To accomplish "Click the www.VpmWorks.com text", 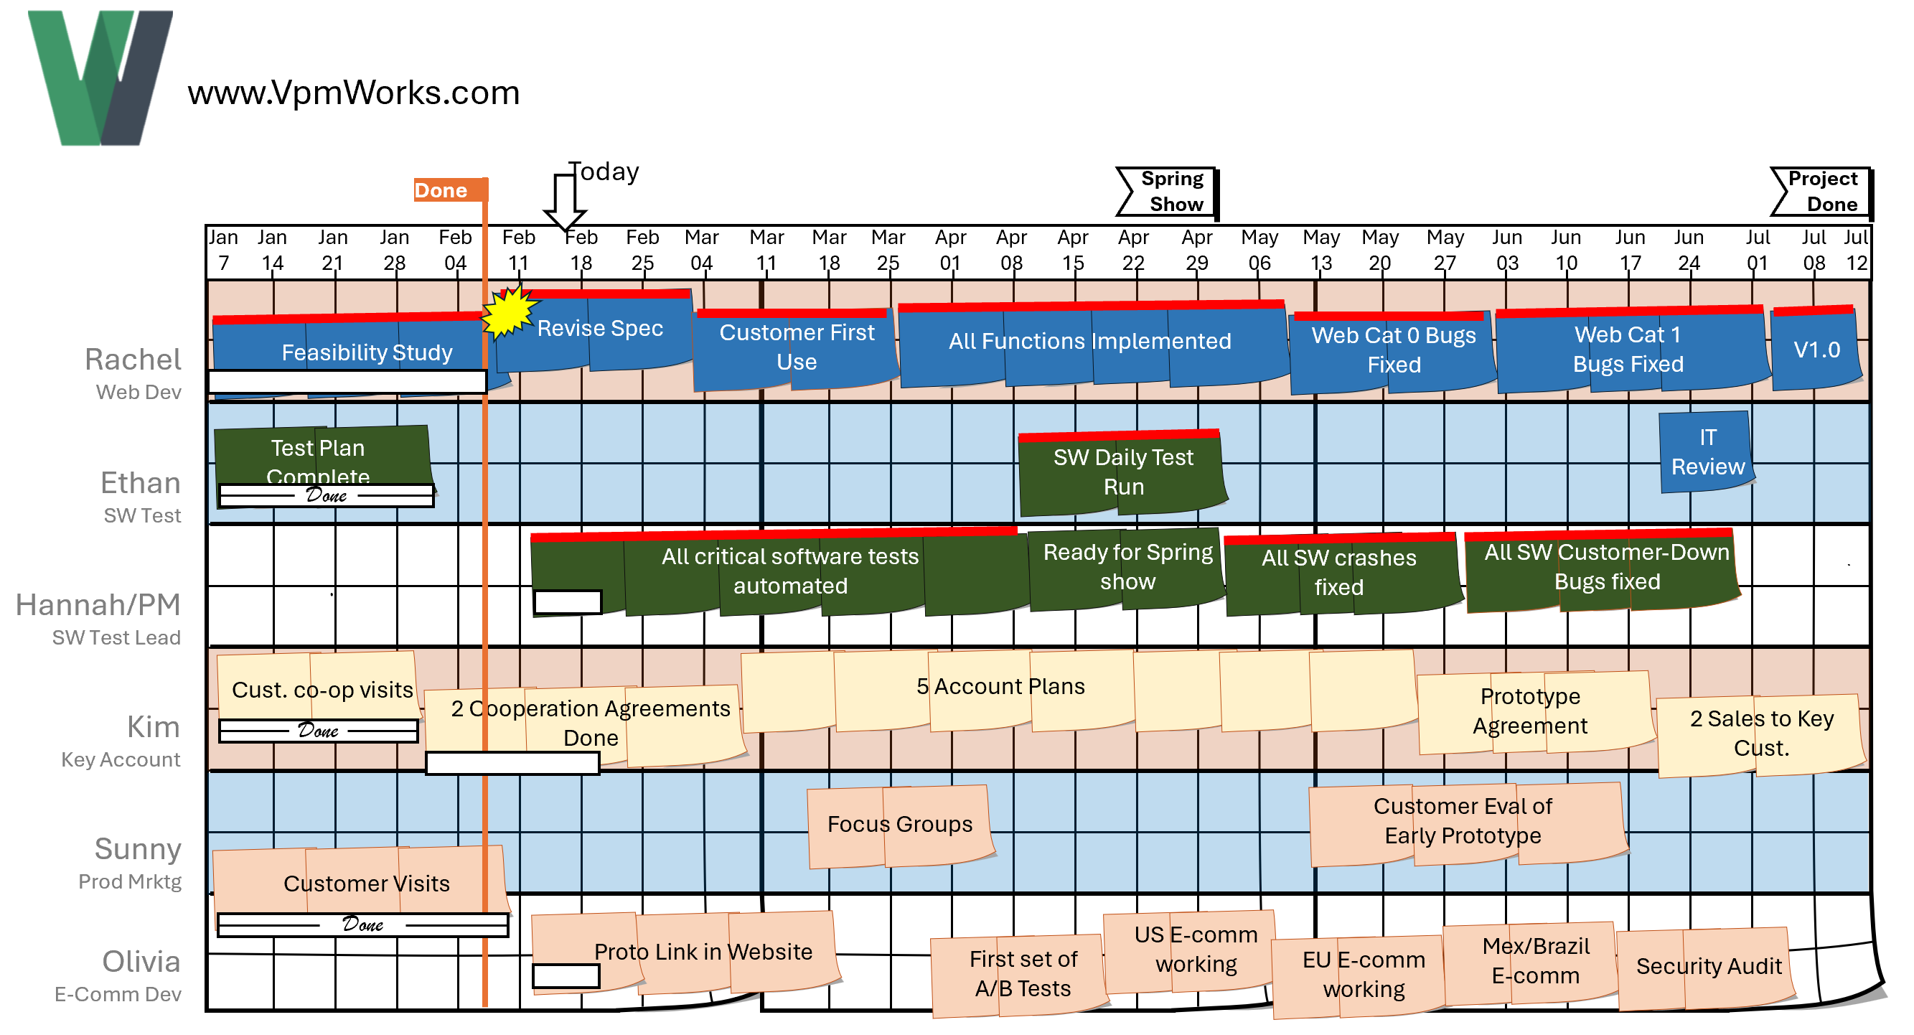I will (354, 93).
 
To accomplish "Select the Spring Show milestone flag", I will (1168, 192).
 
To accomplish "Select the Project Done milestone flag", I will (1822, 192).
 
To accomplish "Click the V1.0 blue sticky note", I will (1816, 350).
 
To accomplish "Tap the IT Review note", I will (1707, 451).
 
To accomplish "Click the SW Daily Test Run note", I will (1122, 472).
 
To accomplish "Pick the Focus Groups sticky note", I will (899, 825).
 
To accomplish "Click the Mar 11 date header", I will (766, 250).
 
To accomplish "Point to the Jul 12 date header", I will (1855, 250).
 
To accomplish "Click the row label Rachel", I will (132, 360).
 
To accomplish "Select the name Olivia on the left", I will (141, 963).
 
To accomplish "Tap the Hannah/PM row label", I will (98, 606).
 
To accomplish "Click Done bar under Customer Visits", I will (362, 924).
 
